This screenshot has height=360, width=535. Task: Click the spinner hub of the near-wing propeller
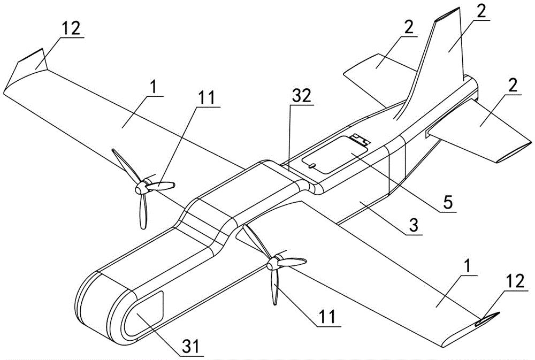pyautogui.click(x=273, y=263)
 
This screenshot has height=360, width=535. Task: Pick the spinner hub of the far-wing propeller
pyautogui.click(x=142, y=188)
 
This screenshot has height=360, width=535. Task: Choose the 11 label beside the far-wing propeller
pyautogui.click(x=207, y=98)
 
